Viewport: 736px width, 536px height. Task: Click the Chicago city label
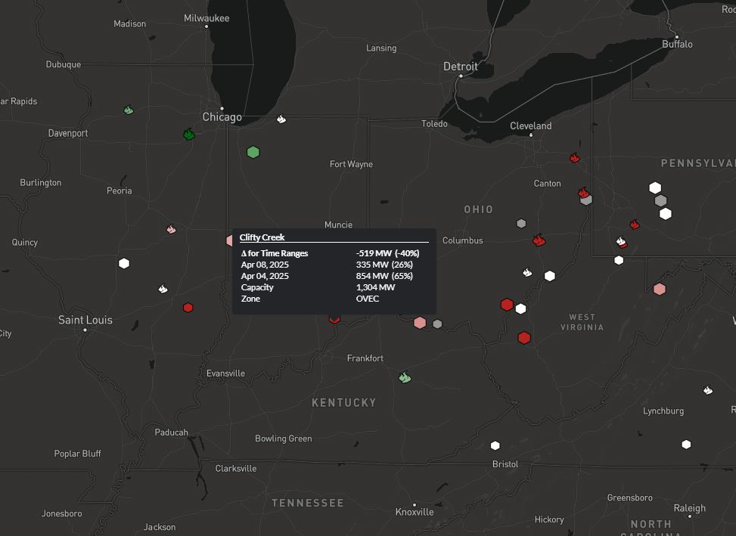point(222,117)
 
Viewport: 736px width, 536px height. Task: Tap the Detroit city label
point(461,67)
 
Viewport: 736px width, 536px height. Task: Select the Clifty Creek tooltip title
point(262,237)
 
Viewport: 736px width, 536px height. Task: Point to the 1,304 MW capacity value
point(375,287)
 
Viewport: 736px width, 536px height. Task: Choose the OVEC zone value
point(368,299)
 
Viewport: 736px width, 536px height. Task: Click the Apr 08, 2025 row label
point(265,265)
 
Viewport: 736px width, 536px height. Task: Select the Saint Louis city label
point(85,320)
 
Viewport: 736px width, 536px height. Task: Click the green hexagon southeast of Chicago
point(253,152)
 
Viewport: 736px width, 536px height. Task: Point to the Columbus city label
point(462,240)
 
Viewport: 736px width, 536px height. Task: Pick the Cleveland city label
point(531,125)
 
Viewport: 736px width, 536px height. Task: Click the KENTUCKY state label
point(344,403)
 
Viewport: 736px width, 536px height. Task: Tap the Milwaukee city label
point(207,18)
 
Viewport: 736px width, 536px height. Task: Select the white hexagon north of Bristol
point(495,445)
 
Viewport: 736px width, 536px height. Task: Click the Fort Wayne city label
point(351,164)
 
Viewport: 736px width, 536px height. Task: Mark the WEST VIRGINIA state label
point(582,322)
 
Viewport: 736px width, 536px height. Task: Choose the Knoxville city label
point(415,512)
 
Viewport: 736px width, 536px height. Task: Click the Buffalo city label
point(677,44)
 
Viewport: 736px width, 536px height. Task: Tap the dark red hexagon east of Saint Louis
point(188,308)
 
